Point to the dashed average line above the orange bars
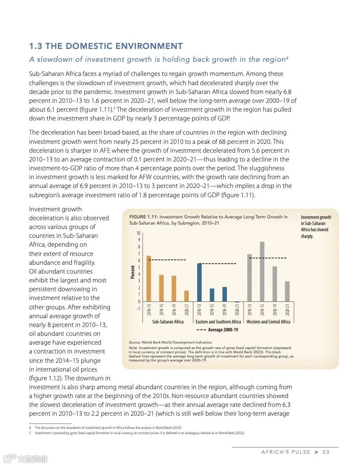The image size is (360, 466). click(168, 260)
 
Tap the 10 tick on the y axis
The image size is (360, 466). click(138, 233)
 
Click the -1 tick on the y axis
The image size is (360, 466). click(138, 308)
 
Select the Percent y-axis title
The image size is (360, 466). click(132, 272)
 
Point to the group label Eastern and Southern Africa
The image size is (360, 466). click(218, 322)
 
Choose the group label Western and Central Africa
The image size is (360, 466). click(268, 322)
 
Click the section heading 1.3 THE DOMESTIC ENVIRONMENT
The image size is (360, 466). click(106, 46)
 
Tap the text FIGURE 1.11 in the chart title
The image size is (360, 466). click(143, 217)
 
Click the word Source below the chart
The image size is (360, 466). click(135, 342)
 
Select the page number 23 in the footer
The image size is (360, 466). click(326, 452)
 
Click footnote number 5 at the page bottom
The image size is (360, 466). click(30, 433)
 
